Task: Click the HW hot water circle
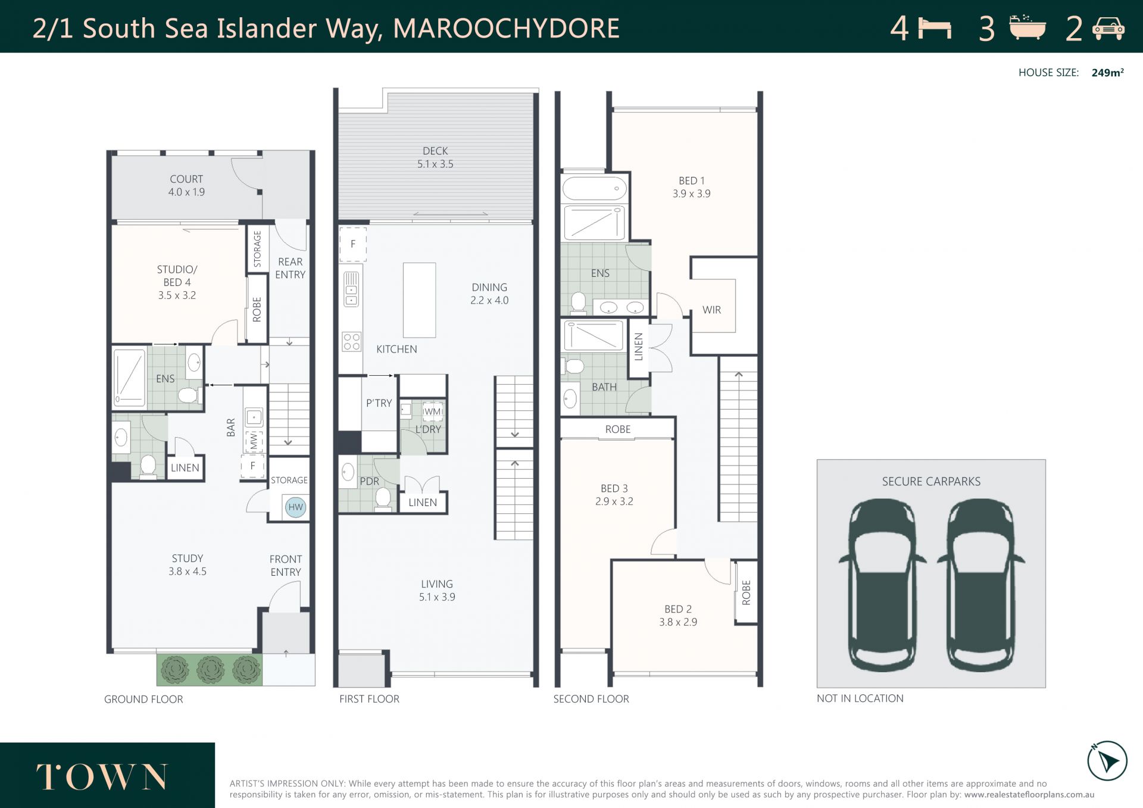point(295,507)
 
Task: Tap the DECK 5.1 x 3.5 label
point(435,158)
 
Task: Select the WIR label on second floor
point(711,310)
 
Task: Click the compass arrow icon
point(1107,761)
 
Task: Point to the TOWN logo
point(102,777)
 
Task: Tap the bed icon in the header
point(935,29)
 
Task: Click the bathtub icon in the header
point(1028,27)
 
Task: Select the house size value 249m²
point(1107,73)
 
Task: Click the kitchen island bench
point(419,300)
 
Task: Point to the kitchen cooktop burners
point(351,342)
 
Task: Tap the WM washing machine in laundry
point(433,411)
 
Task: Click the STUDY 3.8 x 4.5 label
point(188,564)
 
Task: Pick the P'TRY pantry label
point(379,403)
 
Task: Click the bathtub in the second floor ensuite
point(594,188)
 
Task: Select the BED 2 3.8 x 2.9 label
point(678,615)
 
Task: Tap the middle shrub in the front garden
point(210,670)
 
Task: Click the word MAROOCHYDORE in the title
point(506,29)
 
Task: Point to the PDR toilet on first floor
point(383,499)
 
